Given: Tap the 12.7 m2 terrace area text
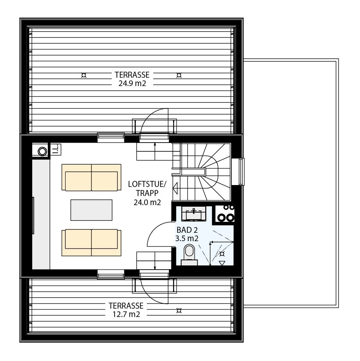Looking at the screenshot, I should point(126,314).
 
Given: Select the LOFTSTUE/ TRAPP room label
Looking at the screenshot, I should point(147,193).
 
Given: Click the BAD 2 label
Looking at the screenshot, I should point(187,230).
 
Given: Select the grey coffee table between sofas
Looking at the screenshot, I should point(91,210).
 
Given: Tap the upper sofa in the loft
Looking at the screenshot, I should point(91,177).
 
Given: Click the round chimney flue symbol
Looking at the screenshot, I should point(42,151).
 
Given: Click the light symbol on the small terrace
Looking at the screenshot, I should point(179,311).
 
